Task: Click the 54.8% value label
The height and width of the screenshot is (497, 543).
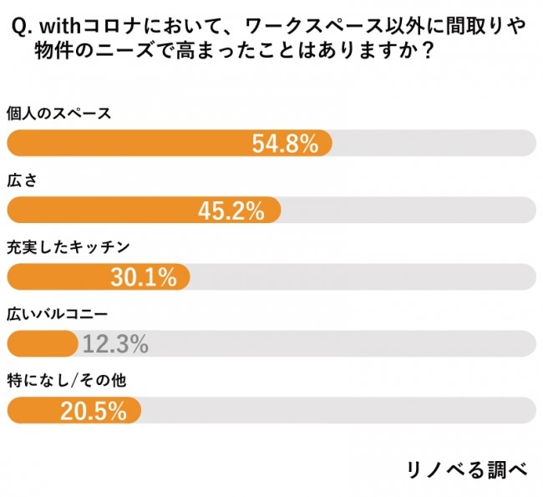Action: point(285,144)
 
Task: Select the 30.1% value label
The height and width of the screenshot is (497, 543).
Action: point(144,276)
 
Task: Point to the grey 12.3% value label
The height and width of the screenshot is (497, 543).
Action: point(115,342)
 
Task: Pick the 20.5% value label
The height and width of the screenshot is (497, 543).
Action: point(93,409)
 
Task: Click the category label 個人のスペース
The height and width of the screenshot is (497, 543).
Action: point(58,114)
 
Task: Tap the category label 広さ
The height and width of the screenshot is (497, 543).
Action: point(23,180)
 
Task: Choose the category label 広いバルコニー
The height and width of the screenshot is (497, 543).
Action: point(58,313)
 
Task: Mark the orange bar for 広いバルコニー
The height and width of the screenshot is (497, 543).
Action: point(42,342)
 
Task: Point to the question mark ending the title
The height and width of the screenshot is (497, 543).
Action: point(427,53)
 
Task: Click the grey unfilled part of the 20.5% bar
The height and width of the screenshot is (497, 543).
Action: point(334,409)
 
